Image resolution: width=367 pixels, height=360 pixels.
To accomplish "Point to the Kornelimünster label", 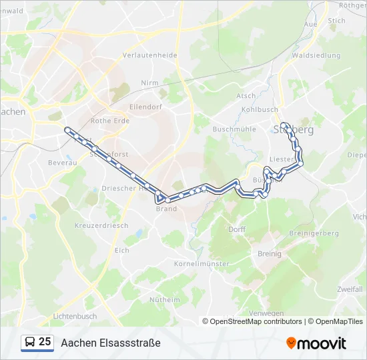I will pos(202,264).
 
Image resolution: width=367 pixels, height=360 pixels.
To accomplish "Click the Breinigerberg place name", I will pos(314,233).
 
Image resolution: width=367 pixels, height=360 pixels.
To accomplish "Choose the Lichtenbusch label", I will pos(75,316).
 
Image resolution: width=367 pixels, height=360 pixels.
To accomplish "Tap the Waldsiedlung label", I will pos(316,55).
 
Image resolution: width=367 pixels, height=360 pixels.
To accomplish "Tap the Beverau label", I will pos(59,162).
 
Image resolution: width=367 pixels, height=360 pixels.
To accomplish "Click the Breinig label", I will pos(270,253).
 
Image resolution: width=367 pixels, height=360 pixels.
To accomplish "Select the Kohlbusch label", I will pos(260,109).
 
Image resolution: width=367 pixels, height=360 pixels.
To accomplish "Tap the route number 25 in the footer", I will pos(45,342).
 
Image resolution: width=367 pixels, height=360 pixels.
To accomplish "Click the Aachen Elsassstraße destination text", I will pos(111,343).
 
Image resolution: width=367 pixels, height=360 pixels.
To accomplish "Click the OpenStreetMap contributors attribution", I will pos(256,321).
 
